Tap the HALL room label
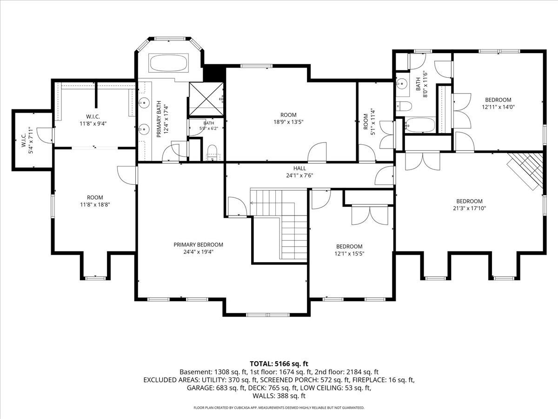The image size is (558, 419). tap(300, 169)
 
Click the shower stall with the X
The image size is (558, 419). tap(206, 99)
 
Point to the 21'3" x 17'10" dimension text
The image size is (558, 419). tap(469, 209)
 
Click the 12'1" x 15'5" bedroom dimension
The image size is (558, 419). tap(349, 254)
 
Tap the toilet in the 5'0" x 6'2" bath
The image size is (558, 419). tap(212, 153)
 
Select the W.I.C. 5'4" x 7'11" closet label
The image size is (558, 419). tap(27, 141)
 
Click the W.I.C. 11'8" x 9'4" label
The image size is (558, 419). tap(93, 120)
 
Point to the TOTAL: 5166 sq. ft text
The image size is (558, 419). tap(279, 364)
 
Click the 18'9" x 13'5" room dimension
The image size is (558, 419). tap(289, 122)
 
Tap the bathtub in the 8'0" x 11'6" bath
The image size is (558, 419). tap(420, 125)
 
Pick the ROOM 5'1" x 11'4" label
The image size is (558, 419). tap(369, 122)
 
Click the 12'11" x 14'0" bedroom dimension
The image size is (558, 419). tap(498, 107)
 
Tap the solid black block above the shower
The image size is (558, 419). tap(214, 74)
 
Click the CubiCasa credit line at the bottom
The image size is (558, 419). tap(279, 408)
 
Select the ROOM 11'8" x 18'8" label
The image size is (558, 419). tap(95, 201)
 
